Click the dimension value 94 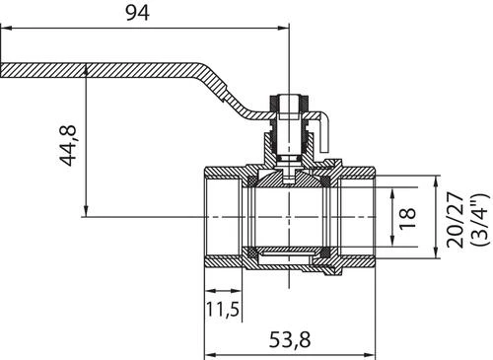(138, 13)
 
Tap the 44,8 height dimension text (68, 145)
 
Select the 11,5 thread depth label (223, 309)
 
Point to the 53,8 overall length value (290, 340)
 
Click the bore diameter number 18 (407, 218)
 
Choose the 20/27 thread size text (456, 220)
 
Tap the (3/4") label (480, 220)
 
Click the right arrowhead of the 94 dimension (283, 29)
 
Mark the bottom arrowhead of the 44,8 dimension (86, 211)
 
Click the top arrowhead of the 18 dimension (392, 193)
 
